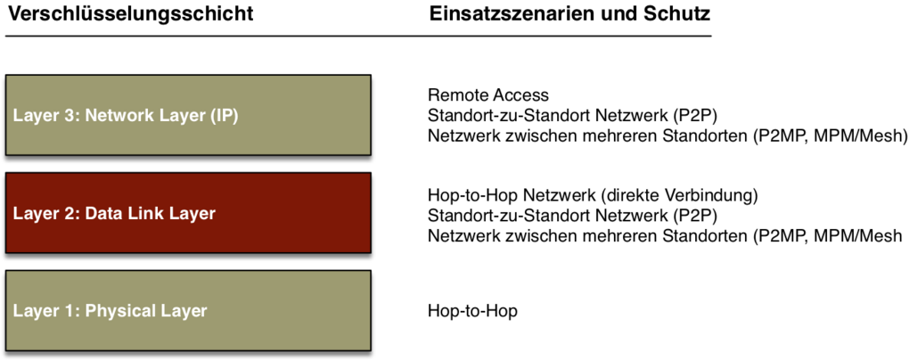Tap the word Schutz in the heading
677,13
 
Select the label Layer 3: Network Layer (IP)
126,116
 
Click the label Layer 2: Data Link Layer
114,213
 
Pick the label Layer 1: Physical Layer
110,311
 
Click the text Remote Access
488,94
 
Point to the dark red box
188,212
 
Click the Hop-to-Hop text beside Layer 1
472,311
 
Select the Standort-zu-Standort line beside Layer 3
573,115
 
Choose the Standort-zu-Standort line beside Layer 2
573,217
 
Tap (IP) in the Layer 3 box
223,116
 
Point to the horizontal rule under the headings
358,36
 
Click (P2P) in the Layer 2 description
696,217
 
